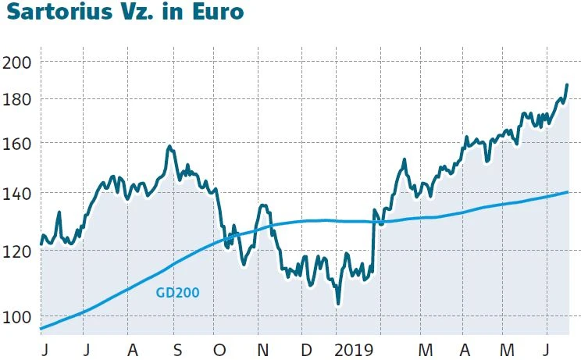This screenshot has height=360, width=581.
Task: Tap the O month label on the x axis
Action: pos(220,348)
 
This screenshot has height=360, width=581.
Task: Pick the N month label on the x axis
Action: pos(263,348)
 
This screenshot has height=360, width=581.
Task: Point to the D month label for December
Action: pos(306,348)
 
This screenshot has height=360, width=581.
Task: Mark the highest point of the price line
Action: pos(567,84)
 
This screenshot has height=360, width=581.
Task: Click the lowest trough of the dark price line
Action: pos(337,303)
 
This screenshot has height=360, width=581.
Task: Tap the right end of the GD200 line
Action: pos(568,191)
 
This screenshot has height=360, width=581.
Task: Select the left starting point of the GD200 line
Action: pos(41,329)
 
